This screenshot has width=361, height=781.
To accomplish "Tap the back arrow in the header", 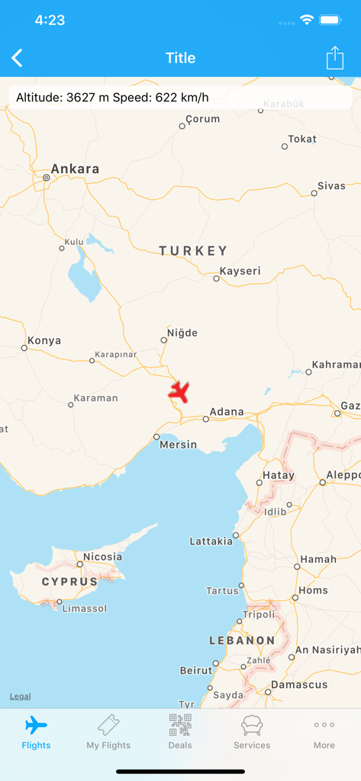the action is click(x=18, y=58).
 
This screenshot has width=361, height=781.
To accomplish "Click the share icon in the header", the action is click(x=334, y=58).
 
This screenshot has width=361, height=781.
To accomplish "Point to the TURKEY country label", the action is click(x=193, y=250).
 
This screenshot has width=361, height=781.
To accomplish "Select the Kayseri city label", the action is click(x=240, y=271).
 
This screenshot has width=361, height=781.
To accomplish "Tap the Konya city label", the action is click(x=44, y=340).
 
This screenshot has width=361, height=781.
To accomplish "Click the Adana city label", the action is click(x=227, y=412).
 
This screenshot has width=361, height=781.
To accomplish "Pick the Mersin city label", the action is click(x=178, y=445).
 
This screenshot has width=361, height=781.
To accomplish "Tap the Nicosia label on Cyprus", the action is click(x=102, y=557).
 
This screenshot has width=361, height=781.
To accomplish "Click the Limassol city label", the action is click(x=84, y=609).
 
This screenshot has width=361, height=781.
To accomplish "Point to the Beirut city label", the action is click(x=195, y=670).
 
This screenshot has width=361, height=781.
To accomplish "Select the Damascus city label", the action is click(x=300, y=685).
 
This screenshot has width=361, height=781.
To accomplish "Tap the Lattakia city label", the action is click(x=211, y=542).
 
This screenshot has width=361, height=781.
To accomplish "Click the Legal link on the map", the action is click(x=21, y=696).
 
